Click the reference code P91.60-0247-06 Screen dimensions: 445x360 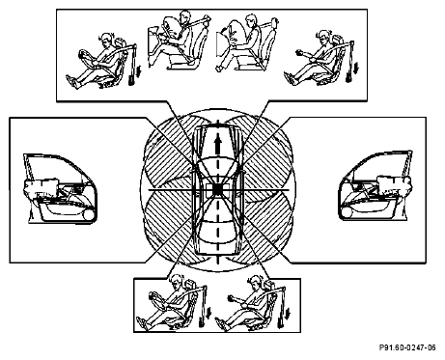coord(407,347)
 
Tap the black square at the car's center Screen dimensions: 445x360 coord(218,190)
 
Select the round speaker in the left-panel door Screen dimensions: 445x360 coord(88,214)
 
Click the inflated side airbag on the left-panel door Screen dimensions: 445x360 coord(41,185)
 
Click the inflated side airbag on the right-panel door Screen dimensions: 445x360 coord(394,184)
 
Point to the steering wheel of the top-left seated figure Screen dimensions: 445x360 coord(86,58)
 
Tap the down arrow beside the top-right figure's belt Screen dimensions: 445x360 coord(356,69)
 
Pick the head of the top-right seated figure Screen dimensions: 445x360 coord(323,37)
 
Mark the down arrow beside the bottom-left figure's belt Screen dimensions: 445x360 coord(209,314)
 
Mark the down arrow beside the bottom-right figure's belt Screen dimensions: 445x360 coord(288,314)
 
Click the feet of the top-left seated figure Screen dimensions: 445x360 coord(73,82)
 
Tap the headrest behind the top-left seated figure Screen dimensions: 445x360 coord(121,42)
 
